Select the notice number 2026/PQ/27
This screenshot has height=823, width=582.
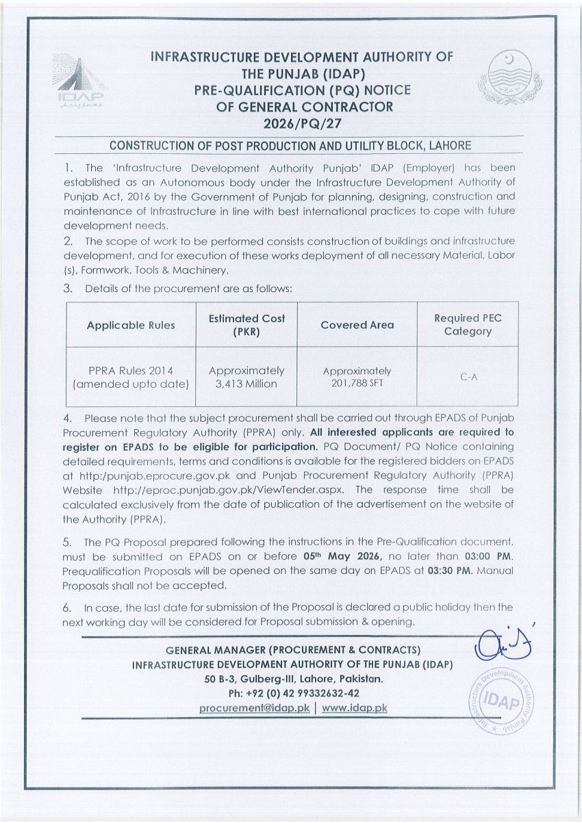302,124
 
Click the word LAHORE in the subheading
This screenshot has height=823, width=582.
448,146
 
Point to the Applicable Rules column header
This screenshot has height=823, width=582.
131,325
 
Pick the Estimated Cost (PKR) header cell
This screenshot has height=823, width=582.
246,325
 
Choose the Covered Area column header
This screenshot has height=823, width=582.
357,325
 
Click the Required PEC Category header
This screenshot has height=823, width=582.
468,325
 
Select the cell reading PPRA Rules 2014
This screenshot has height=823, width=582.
131,377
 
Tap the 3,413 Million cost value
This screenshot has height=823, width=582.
246,384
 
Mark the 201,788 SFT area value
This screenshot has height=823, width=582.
357,384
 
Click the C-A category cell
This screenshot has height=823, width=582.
468,377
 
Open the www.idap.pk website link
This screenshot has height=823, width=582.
354,708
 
